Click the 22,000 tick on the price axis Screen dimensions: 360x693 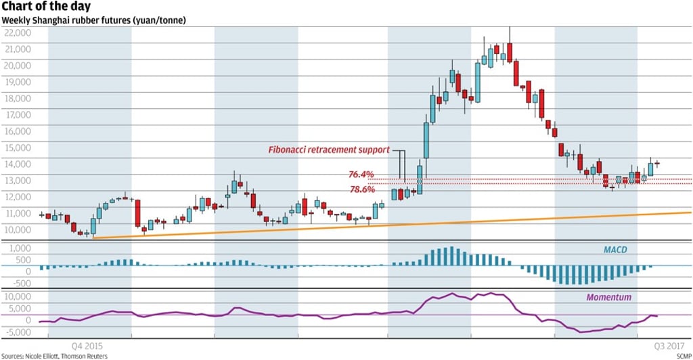click(x=18, y=32)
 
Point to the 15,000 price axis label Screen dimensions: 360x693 click(x=18, y=147)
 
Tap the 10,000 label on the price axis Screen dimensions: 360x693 click(x=18, y=229)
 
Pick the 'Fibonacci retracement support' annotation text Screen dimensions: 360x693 click(x=330, y=149)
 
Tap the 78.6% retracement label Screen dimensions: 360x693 click(x=362, y=190)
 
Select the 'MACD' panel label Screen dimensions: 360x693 click(x=616, y=250)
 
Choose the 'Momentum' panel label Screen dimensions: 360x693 click(x=608, y=297)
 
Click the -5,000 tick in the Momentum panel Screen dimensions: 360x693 click(x=16, y=332)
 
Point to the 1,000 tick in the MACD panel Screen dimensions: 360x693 click(x=20, y=248)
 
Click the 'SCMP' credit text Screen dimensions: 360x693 click(x=683, y=355)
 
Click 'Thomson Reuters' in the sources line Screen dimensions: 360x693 click(x=87, y=355)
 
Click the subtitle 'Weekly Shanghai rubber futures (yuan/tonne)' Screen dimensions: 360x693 click(x=94, y=20)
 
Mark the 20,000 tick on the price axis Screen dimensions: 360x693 click(x=18, y=65)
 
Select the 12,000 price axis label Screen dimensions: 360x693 click(x=18, y=196)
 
